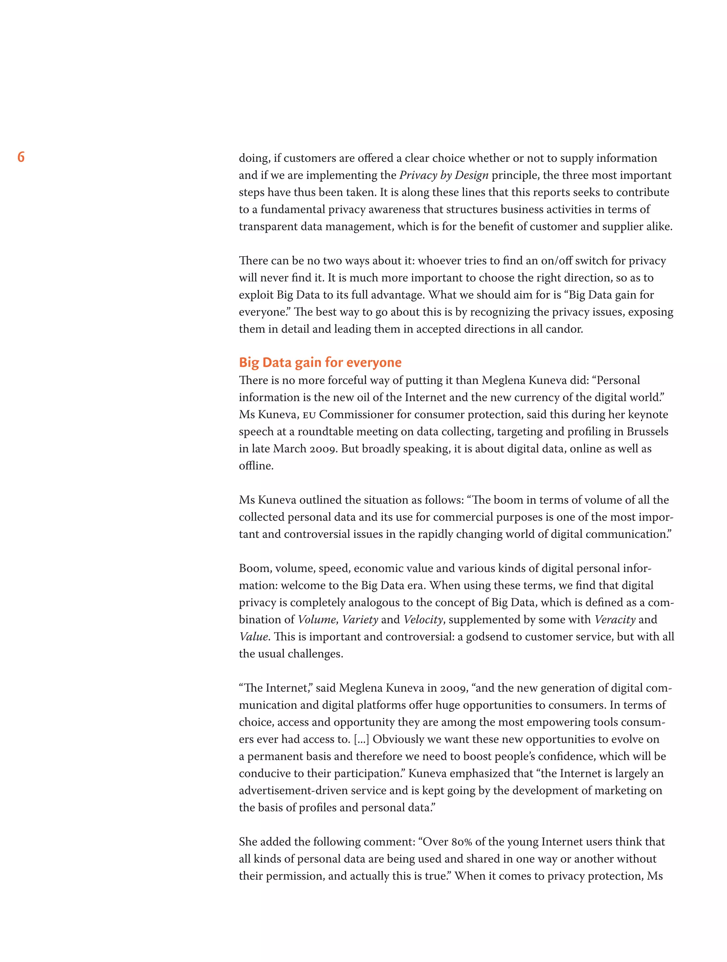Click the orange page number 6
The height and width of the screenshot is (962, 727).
pyautogui.click(x=21, y=157)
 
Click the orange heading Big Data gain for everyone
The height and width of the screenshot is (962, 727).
pyautogui.click(x=320, y=362)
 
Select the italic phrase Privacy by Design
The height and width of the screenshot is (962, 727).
pyautogui.click(x=443, y=175)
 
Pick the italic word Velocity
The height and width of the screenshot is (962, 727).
pyautogui.click(x=423, y=619)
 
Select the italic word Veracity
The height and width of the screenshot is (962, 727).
pyautogui.click(x=614, y=619)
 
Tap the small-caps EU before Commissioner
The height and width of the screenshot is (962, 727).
pyautogui.click(x=309, y=415)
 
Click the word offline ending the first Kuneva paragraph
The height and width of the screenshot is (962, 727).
pyautogui.click(x=256, y=466)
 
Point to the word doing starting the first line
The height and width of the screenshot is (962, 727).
pyautogui.click(x=254, y=158)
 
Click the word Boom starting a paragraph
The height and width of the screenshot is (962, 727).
pyautogui.click(x=254, y=568)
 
